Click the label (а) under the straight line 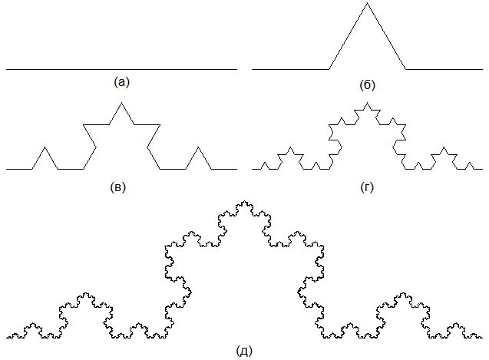click(x=121, y=81)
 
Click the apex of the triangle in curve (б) click(x=367, y=4)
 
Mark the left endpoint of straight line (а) click(x=7, y=69)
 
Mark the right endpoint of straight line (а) click(x=236, y=69)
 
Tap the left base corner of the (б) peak click(x=329, y=69)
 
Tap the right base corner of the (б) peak click(x=405, y=69)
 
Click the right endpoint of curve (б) click(x=482, y=69)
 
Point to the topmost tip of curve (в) click(x=121, y=102)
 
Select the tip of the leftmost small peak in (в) click(x=45, y=146)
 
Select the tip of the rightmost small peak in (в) click(x=198, y=146)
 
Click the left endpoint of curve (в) click(x=7, y=168)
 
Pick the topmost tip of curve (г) click(x=367, y=103)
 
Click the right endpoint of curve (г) click(x=482, y=168)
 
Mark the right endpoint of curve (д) click(x=484, y=338)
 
